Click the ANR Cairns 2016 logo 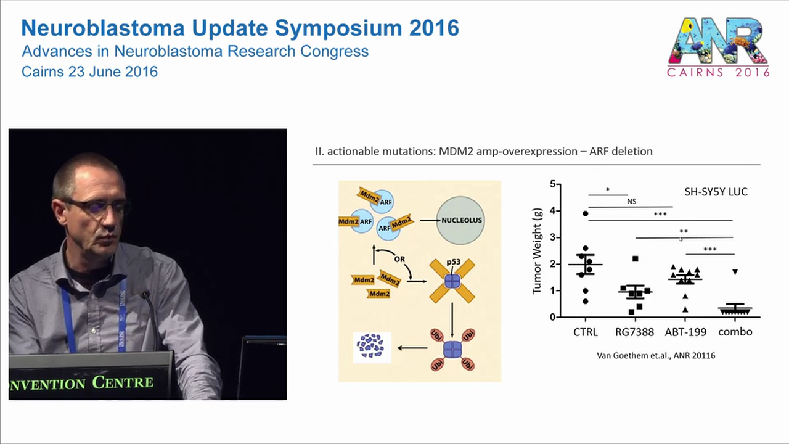[719, 47]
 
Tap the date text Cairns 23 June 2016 [89, 72]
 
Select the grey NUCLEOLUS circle [460, 220]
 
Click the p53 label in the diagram [454, 262]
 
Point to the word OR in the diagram [399, 259]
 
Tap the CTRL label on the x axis [585, 332]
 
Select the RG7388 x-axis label [634, 332]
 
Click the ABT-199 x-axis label [685, 332]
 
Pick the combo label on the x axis [735, 332]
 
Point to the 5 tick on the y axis [552, 184]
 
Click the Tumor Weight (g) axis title [537, 250]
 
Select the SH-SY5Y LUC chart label [716, 192]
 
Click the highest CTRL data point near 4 [586, 213]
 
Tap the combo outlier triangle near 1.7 [735, 272]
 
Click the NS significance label [631, 201]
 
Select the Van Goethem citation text [656, 356]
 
